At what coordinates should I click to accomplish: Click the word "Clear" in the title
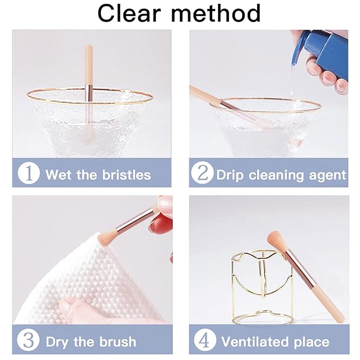click(x=129, y=13)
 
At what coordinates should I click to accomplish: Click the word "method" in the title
click(x=216, y=13)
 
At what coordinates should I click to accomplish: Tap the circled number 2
click(x=202, y=173)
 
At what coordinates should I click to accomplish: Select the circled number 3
click(x=29, y=340)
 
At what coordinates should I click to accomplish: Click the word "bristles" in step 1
click(x=127, y=175)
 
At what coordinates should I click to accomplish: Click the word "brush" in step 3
click(x=118, y=342)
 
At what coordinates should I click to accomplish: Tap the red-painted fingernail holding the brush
click(x=160, y=224)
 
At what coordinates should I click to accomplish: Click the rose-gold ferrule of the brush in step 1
click(x=89, y=93)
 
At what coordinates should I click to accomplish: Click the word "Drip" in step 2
click(x=230, y=176)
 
